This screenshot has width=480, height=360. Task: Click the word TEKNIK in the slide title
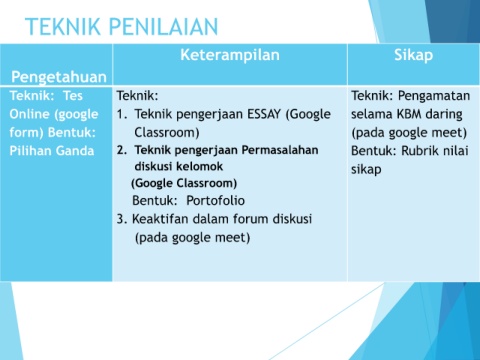(x=63, y=26)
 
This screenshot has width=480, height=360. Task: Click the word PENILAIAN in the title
(x=163, y=26)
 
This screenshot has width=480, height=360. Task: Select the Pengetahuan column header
(x=59, y=77)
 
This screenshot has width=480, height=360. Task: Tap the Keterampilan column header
(x=230, y=55)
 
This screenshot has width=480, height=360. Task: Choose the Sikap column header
(x=413, y=55)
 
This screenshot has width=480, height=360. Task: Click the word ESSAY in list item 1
(x=264, y=114)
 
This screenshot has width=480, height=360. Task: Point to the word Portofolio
(x=215, y=201)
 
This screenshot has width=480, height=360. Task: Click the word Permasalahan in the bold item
(x=280, y=150)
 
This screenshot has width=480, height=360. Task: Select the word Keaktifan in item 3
(x=160, y=219)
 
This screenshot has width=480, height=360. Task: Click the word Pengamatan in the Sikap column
(x=434, y=96)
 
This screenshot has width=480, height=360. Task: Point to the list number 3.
(x=121, y=219)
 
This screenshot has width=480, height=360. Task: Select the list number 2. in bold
(x=122, y=150)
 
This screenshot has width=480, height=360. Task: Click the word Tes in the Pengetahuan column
(x=73, y=96)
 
